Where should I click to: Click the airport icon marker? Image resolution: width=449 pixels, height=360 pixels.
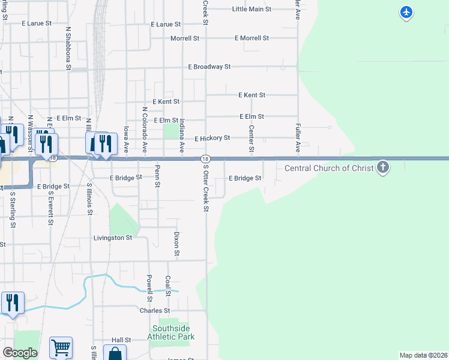tap(406, 11)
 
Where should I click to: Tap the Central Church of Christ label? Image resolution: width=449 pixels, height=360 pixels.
tap(329, 168)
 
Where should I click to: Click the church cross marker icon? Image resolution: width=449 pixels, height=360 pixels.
tap(383, 167)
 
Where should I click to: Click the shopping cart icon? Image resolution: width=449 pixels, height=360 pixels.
tap(61, 347)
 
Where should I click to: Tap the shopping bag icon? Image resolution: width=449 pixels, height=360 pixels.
tap(115, 353)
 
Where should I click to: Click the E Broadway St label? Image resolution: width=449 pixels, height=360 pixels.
tap(209, 67)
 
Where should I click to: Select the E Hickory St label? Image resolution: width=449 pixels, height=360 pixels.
tap(212, 138)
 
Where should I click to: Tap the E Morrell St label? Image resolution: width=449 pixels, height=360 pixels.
tap(252, 38)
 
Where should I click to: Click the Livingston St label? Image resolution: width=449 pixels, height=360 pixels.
tap(112, 238)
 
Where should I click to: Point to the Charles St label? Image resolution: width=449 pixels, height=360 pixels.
tap(154, 311)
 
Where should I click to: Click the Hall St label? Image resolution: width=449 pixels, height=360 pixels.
tap(121, 339)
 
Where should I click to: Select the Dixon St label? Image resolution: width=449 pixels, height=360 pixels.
tap(176, 244)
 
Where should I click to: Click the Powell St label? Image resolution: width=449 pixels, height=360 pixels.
tap(149, 289)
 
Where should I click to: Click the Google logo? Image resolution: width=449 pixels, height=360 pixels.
tap(20, 353)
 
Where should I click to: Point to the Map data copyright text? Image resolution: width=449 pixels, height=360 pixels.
tap(424, 355)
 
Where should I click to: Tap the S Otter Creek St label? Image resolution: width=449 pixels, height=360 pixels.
tap(205, 188)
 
